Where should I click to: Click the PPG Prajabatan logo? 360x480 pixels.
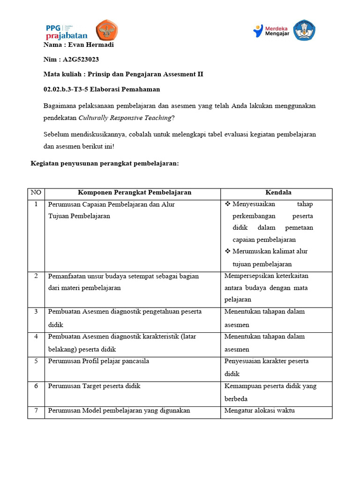tap(67, 31)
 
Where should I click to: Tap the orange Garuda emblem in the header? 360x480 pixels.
tap(107, 30)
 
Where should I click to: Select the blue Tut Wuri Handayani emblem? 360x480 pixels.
tap(304, 30)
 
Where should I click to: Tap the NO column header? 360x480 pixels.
tap(36, 193)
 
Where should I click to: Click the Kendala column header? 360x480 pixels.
tap(278, 193)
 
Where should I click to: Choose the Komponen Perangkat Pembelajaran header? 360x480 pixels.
tap(134, 193)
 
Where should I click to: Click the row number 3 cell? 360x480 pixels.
tap(36, 312)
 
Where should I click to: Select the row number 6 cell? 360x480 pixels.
tap(36, 386)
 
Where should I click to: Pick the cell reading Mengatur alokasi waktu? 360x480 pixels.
tap(259, 411)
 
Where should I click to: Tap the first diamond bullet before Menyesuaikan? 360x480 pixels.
tap(228, 204)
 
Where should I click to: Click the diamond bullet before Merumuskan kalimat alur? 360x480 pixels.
tap(228, 252)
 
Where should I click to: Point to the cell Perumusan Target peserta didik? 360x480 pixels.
tap(94, 386)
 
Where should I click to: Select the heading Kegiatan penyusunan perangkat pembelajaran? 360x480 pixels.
tap(105, 163)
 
